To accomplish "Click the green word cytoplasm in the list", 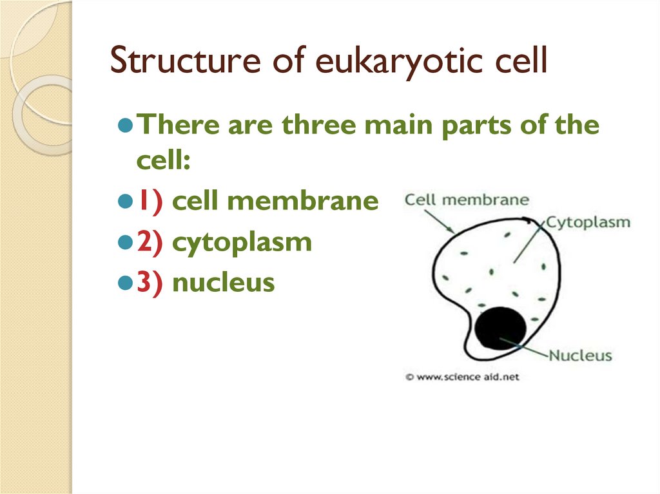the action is [x=242, y=243].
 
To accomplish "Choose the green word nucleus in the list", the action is [x=224, y=282].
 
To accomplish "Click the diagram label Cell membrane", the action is [x=467, y=200].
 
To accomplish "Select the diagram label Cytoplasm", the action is [x=588, y=223].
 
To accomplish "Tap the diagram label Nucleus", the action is [x=580, y=355].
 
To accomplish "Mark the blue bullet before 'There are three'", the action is [x=126, y=124].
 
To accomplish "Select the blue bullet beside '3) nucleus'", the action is [x=126, y=282].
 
